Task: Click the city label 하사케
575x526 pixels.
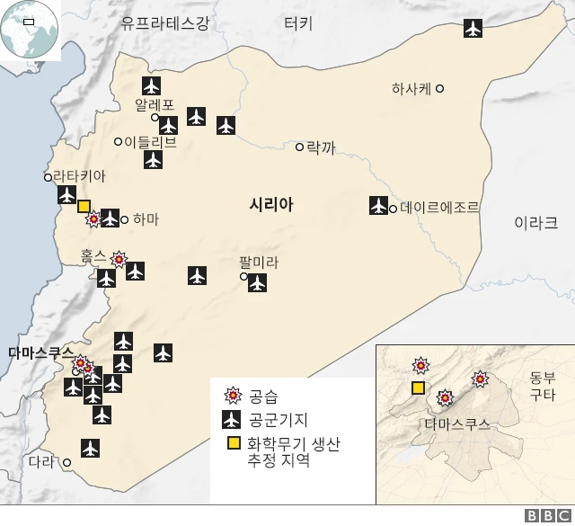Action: (x=411, y=88)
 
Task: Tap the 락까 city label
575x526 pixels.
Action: (x=321, y=147)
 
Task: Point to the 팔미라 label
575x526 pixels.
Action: (x=259, y=263)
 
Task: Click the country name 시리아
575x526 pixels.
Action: (x=271, y=206)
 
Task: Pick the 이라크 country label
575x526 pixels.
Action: (x=535, y=223)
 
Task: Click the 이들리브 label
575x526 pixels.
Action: (x=151, y=142)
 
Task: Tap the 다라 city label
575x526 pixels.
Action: (x=41, y=462)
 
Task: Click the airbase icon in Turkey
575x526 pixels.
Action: (x=473, y=28)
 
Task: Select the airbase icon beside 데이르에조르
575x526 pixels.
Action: (x=378, y=206)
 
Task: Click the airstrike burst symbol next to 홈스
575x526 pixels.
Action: (x=119, y=260)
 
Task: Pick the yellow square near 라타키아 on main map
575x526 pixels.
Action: (x=84, y=206)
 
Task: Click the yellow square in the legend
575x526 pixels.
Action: (x=233, y=443)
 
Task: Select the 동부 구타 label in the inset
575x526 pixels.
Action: (x=542, y=386)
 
